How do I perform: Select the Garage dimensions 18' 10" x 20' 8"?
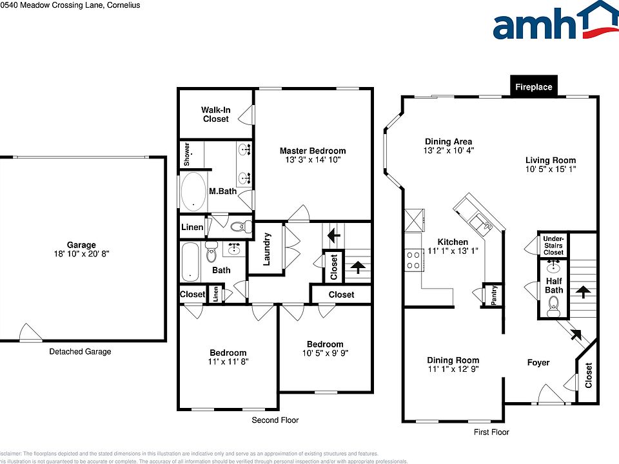pos(81,255)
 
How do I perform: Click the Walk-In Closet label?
pos(215,115)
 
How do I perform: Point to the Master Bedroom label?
pos(312,151)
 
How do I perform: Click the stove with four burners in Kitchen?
pos(413,260)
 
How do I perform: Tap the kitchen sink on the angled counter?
pos(480,222)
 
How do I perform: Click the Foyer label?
pos(538,362)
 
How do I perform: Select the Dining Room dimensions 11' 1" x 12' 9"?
pos(453,370)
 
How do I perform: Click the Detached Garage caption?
pos(81,351)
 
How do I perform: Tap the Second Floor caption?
pos(275,420)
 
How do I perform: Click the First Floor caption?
pos(491,431)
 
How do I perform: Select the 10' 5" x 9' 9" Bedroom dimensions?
pos(325,353)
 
